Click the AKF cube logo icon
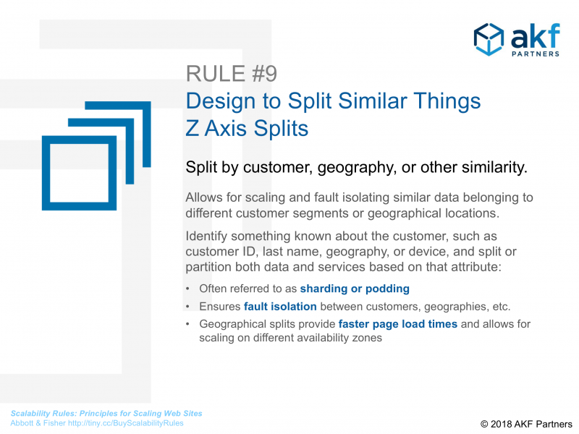[x=489, y=40]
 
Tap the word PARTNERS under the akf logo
[x=536, y=54]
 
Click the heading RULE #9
[x=232, y=74]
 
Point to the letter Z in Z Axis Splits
[x=193, y=129]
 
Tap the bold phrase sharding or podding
[x=355, y=289]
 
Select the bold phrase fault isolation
[x=280, y=306]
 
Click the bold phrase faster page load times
[x=397, y=324]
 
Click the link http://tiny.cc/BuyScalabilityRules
[x=125, y=423]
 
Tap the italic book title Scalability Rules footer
[x=106, y=413]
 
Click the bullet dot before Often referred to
[x=188, y=289]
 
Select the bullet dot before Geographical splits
[x=188, y=324]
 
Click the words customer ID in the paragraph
[x=221, y=252]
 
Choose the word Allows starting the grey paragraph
[x=204, y=197]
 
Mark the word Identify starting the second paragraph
[x=206, y=237]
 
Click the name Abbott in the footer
[x=22, y=423]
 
